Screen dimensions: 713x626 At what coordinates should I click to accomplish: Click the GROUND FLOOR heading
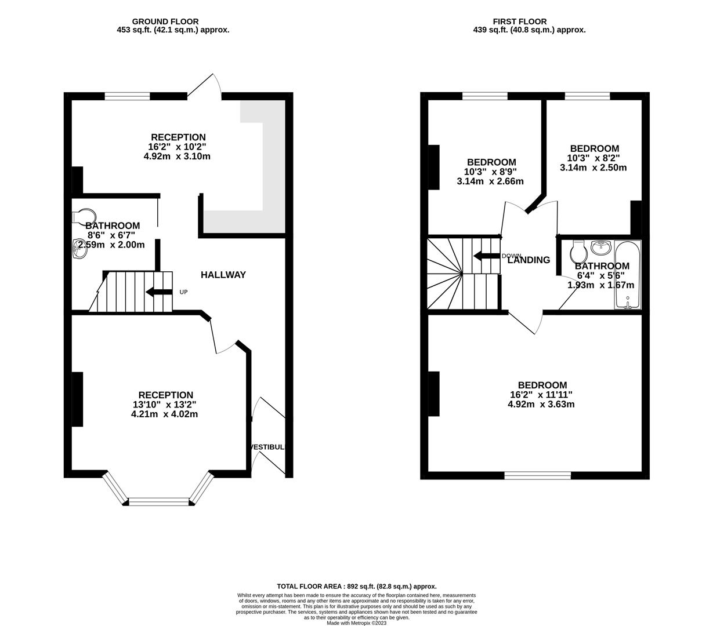(x=165, y=22)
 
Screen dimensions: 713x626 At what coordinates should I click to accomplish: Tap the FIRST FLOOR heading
(x=519, y=22)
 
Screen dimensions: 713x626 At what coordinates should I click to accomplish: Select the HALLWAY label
(x=223, y=275)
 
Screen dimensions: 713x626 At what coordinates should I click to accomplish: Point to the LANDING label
(x=529, y=260)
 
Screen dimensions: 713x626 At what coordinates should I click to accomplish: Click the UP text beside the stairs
(x=183, y=292)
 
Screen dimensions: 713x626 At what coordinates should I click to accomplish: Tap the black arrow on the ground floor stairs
(x=159, y=292)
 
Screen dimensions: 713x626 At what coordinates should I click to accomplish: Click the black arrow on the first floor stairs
(x=487, y=256)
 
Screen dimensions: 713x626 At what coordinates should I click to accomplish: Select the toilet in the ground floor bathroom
(x=84, y=217)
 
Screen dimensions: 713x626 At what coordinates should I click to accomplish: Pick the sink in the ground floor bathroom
(x=79, y=249)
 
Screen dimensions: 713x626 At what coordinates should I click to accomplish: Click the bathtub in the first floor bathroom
(x=628, y=275)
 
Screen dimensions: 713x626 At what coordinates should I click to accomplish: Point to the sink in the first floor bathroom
(x=601, y=248)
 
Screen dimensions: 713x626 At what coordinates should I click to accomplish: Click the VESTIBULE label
(x=267, y=447)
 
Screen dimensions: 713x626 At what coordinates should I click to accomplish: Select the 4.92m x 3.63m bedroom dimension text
(x=541, y=405)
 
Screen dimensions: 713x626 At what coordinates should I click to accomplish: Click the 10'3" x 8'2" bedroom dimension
(x=593, y=158)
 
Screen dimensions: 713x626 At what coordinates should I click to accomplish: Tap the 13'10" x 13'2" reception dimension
(x=164, y=405)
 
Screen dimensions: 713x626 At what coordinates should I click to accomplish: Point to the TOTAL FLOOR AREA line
(x=356, y=586)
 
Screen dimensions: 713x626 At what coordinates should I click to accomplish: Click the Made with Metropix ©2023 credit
(x=356, y=623)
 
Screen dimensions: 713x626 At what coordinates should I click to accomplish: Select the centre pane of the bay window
(x=159, y=501)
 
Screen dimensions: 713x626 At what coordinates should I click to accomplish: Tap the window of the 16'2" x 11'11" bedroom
(x=537, y=475)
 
